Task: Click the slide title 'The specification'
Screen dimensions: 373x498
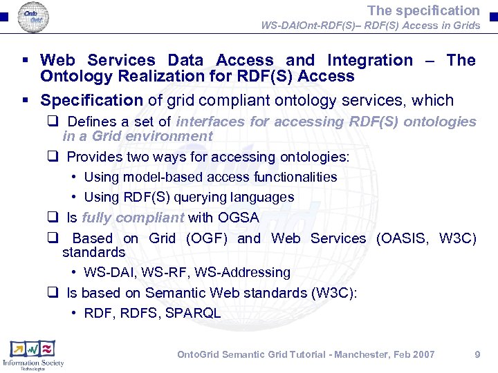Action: click(x=423, y=10)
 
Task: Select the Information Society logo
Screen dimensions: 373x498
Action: click(x=33, y=354)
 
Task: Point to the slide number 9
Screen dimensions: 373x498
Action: click(x=477, y=354)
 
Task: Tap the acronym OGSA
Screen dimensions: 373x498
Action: click(x=238, y=218)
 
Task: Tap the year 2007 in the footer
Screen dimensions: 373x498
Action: click(x=422, y=354)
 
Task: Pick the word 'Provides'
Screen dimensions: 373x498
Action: click(x=93, y=157)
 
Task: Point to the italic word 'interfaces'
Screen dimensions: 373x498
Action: click(x=210, y=122)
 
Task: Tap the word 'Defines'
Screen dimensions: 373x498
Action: click(x=91, y=122)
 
